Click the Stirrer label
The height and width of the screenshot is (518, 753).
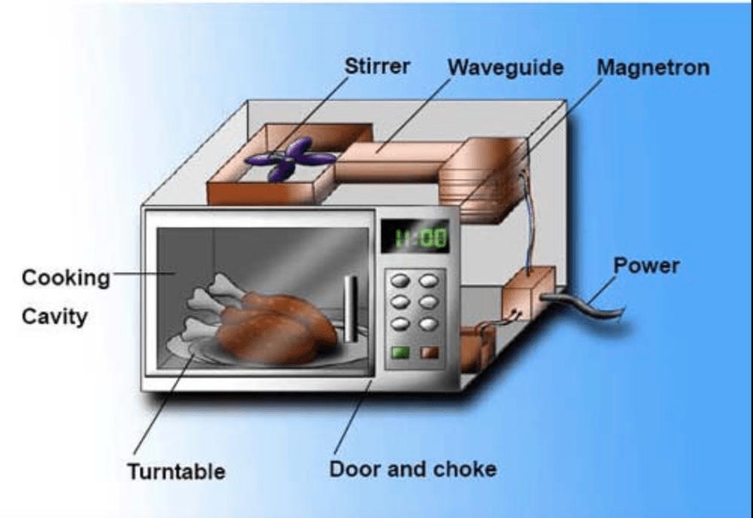(377, 66)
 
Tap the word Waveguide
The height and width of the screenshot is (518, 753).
(505, 68)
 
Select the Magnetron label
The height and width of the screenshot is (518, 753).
(653, 68)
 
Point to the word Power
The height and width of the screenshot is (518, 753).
(646, 266)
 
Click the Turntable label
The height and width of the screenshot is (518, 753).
(175, 472)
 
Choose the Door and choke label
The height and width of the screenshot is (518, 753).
(413, 470)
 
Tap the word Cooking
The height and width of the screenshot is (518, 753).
(66, 278)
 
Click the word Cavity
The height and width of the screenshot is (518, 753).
(54, 315)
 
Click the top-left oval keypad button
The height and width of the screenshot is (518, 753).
(399, 280)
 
